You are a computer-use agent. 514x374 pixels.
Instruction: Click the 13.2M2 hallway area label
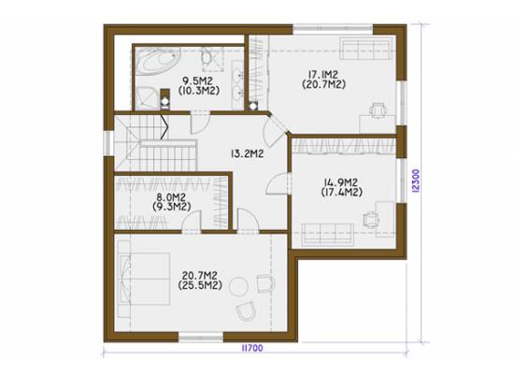[x=248, y=153]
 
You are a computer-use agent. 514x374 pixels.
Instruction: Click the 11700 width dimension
[x=252, y=348]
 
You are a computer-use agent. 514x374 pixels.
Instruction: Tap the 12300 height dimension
[x=415, y=180]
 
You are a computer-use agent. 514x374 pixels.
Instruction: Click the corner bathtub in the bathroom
[x=157, y=62]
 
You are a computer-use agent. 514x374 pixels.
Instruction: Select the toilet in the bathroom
[x=207, y=58]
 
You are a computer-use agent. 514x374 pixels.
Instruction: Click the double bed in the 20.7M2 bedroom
[x=144, y=279]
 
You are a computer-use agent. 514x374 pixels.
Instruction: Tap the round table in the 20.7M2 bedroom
[x=239, y=287]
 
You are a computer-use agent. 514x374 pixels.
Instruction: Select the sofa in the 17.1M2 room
[x=366, y=49]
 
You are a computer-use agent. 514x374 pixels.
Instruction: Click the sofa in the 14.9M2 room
[x=328, y=235]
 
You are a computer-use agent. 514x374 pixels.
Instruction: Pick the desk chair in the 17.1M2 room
[x=378, y=110]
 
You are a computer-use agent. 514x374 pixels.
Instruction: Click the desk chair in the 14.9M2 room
[x=371, y=219]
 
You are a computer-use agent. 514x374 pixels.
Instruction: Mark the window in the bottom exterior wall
[x=201, y=338]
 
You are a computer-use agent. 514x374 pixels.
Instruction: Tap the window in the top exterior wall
[x=333, y=29]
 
